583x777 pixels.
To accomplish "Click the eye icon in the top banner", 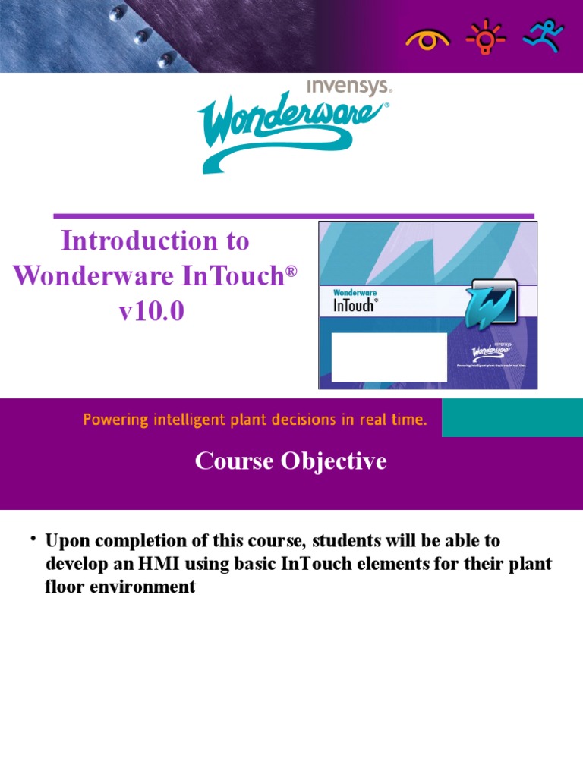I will (x=427, y=39).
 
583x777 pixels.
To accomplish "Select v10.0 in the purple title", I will (x=151, y=311).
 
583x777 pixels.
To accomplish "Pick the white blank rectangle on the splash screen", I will (x=389, y=357).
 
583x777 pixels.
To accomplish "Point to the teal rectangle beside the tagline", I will (x=512, y=419).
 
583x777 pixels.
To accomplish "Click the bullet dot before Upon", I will (x=34, y=539).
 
